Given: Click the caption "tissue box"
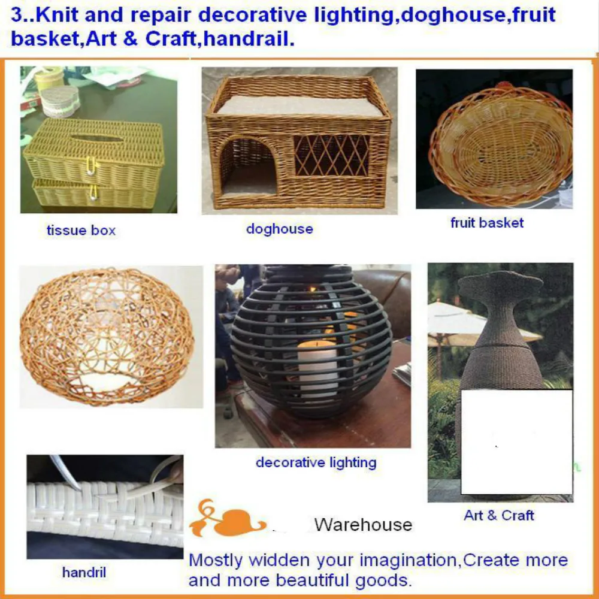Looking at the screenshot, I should tap(81, 230).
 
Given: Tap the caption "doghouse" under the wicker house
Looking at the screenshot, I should tap(279, 229).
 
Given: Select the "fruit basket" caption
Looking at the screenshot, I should tap(487, 223).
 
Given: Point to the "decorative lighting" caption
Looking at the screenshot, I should tap(316, 462).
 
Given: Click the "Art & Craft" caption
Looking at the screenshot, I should tap(499, 515).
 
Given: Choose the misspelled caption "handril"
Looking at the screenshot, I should tap(84, 573).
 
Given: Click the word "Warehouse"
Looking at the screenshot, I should tap(363, 525).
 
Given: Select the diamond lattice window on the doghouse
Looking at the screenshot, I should tap(331, 155).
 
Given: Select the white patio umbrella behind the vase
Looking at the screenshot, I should tap(455, 320).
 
